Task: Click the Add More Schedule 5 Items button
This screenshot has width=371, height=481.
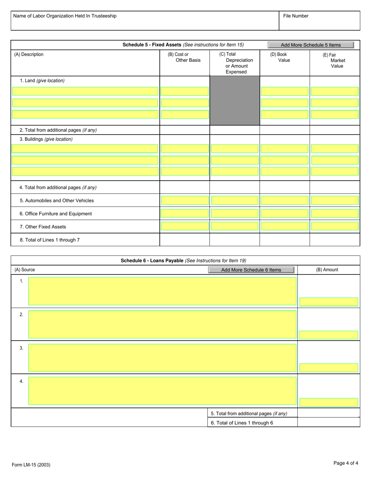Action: coord(310,45)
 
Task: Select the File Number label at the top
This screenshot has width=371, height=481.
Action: coord(296,16)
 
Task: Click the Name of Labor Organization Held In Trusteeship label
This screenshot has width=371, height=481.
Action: coord(65,16)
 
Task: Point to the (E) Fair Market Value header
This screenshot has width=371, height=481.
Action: coord(334,61)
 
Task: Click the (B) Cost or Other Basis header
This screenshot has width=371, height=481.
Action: coord(184,57)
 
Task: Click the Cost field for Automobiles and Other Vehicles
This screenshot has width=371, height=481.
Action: coord(185,201)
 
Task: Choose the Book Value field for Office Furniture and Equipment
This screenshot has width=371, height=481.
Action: coord(284,214)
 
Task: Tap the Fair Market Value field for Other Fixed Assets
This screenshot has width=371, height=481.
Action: coord(334,226)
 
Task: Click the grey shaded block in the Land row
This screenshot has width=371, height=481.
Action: coord(235,101)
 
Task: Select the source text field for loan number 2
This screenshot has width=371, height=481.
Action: coord(162,324)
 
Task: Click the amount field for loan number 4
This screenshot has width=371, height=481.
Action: coord(328,402)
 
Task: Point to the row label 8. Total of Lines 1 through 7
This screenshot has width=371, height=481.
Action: coord(50,240)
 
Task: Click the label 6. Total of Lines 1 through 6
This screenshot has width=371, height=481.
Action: coord(242,423)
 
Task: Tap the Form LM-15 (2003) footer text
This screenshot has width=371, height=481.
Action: coord(31,465)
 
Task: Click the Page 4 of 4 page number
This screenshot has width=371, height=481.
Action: coord(346,463)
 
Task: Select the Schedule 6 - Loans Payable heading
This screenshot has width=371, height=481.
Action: coord(183,260)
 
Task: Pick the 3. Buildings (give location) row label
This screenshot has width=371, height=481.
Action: coord(46,139)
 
